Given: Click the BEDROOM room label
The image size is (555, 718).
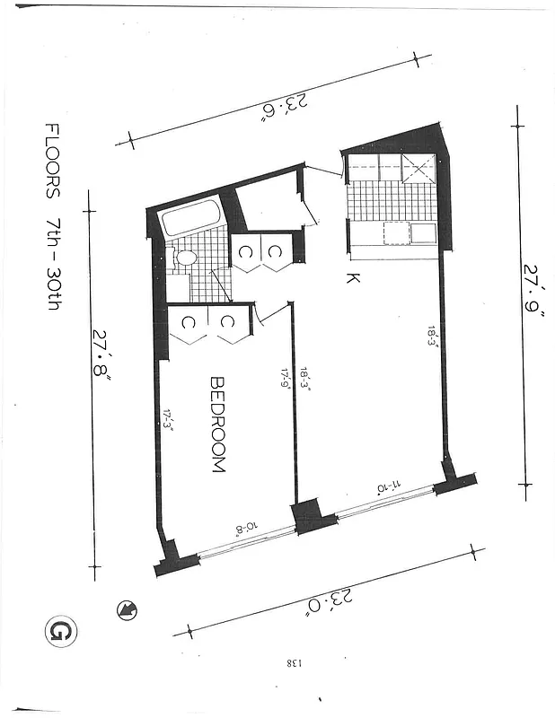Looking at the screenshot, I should [x=217, y=424].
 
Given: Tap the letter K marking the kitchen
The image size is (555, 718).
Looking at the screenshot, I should [x=353, y=278].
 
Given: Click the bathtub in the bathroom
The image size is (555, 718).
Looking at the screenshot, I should [x=190, y=219].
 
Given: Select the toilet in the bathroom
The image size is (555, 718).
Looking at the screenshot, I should [x=186, y=258].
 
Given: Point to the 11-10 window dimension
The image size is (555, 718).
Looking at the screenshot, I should [x=388, y=486].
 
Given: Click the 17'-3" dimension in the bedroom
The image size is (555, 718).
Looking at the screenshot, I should [x=169, y=420].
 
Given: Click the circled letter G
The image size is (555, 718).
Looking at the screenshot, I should [x=61, y=632].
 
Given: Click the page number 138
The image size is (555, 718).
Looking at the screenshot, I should [x=295, y=663].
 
